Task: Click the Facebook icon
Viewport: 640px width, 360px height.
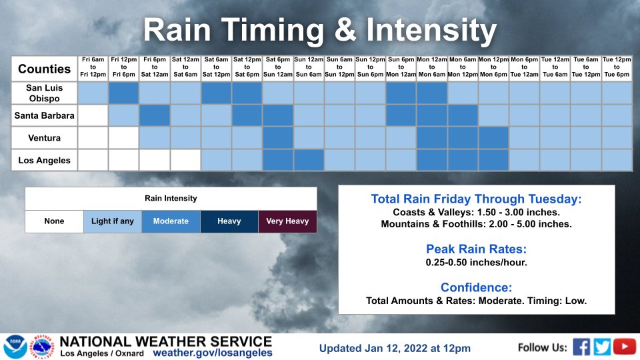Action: point(581,347)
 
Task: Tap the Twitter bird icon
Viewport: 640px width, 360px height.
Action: point(603,347)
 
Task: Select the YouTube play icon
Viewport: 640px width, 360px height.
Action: point(625,347)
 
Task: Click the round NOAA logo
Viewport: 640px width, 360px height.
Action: point(15,347)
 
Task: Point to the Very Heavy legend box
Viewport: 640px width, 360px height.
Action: point(287,221)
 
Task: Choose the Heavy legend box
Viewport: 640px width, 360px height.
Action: point(229,221)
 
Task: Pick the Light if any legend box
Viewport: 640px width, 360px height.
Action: point(112,221)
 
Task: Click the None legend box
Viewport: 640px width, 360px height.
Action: point(53,221)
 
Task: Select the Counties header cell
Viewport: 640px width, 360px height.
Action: point(44,69)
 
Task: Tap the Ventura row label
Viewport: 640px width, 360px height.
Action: point(44,139)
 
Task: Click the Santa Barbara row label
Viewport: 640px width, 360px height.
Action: point(44,116)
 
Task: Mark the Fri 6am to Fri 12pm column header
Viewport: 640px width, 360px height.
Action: point(93,67)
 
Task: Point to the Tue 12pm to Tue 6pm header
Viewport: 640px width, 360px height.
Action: point(617,67)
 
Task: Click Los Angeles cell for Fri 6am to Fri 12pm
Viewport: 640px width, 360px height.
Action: point(93,161)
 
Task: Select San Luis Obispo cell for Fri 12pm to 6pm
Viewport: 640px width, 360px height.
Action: point(124,93)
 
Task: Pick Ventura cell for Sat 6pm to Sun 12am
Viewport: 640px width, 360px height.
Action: point(278,138)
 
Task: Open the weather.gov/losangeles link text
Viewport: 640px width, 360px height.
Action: point(213,353)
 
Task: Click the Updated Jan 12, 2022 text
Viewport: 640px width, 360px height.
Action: point(395,348)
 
